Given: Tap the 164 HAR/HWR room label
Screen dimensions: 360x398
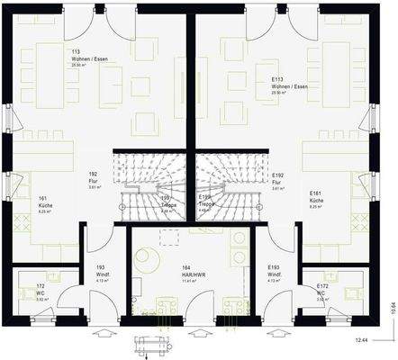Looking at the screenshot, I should pos(168,273).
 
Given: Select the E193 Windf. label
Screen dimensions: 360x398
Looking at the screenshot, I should pos(275,273).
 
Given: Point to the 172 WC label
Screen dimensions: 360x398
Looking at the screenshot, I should pos(40,290).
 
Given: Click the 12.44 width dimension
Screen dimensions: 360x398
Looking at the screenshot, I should pos(361,340).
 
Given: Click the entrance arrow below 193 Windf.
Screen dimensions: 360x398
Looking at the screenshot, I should pos(101,331).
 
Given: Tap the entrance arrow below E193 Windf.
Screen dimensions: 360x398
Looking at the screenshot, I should pos(273,331).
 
